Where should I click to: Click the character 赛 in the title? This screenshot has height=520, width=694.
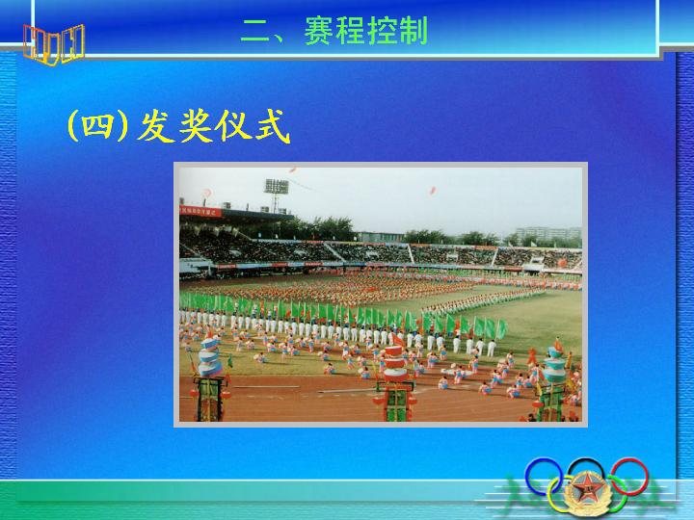[319, 30]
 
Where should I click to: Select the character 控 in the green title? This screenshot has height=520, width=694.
[382, 30]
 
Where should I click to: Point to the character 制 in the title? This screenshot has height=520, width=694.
[413, 30]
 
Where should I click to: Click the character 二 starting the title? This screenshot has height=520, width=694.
[255, 31]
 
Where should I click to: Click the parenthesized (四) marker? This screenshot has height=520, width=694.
[97, 126]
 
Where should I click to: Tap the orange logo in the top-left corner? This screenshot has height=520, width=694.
[54, 44]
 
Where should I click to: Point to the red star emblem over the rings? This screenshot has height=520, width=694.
[587, 491]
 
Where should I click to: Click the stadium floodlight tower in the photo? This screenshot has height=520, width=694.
[277, 195]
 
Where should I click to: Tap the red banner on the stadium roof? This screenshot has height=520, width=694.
[200, 211]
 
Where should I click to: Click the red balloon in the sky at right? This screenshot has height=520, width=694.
[433, 191]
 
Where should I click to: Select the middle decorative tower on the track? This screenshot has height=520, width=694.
[396, 383]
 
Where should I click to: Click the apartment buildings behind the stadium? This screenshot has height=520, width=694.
[547, 233]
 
